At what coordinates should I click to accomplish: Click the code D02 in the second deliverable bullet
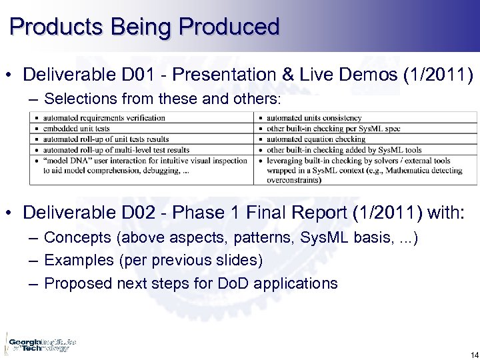[140, 213]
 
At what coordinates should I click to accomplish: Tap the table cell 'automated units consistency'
[314, 118]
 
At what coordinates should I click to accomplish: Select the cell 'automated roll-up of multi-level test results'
[116, 150]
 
